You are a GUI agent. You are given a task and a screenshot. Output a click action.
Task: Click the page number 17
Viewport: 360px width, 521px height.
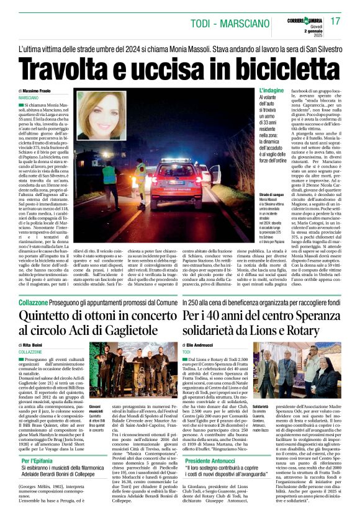pos(336,21)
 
